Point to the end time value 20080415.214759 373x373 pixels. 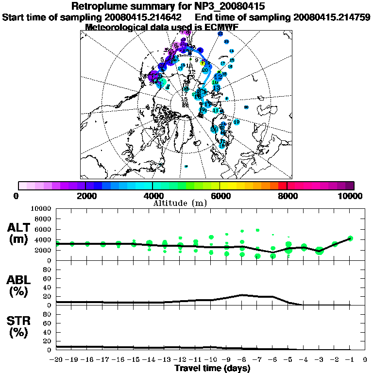[332, 17]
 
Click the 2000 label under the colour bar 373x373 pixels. [85, 196]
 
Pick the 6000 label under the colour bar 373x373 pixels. [220, 196]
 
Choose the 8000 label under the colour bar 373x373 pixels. [287, 196]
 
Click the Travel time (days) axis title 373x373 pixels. [212, 368]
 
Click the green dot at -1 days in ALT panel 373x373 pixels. [350, 238]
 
